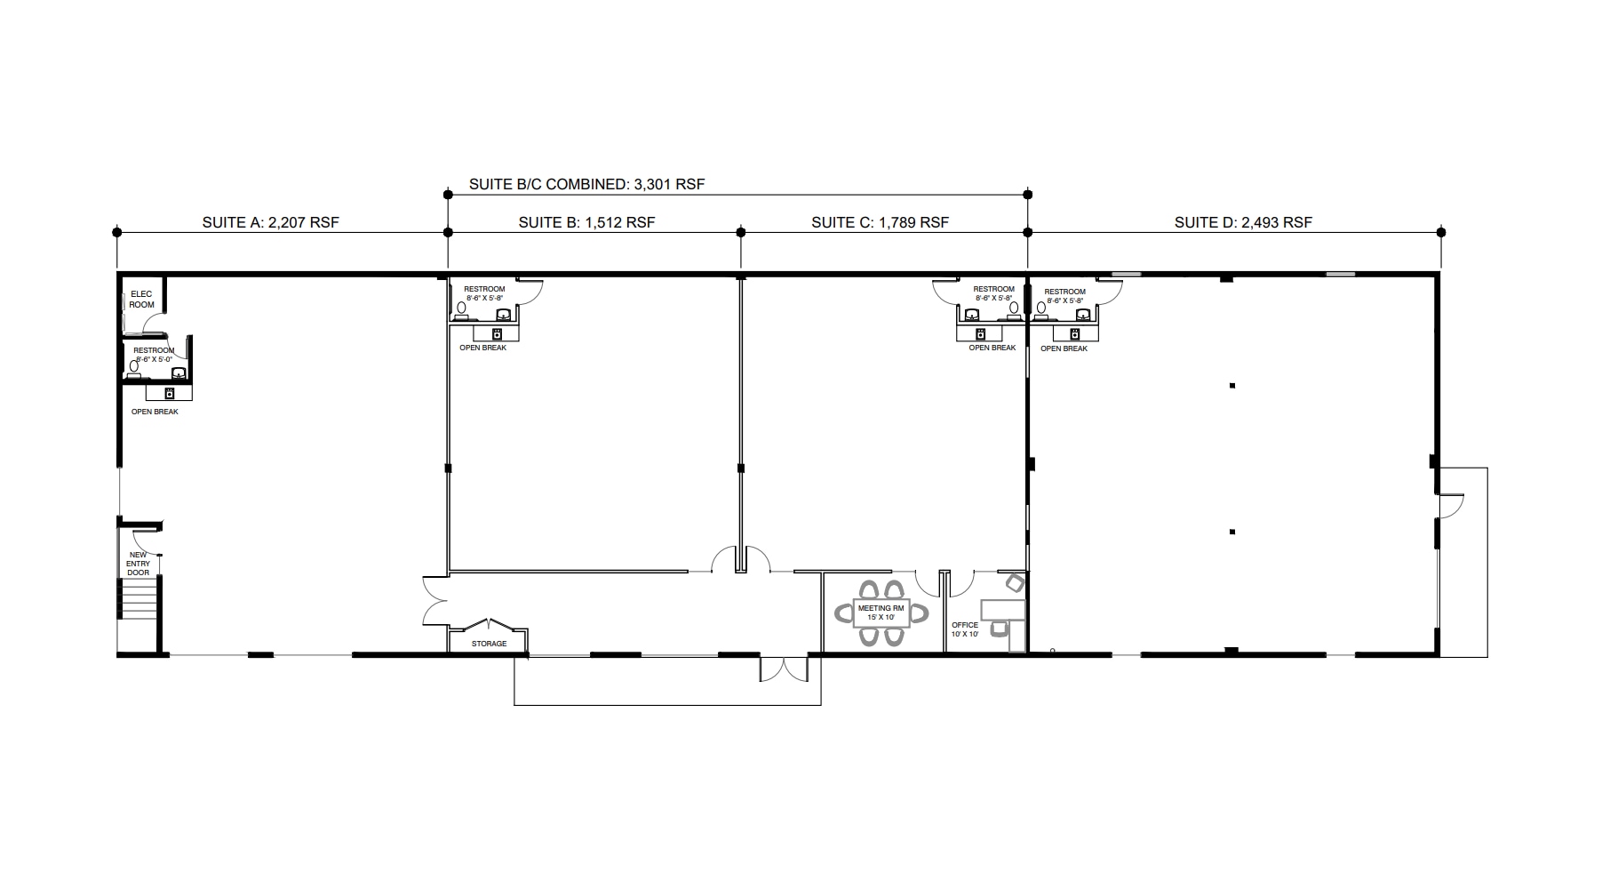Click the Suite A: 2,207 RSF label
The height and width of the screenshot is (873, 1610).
[x=270, y=222]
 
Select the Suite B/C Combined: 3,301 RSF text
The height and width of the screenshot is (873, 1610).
[x=586, y=185]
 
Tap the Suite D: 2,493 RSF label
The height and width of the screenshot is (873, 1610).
[x=1242, y=222]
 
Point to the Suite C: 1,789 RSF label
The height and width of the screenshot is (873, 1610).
[x=880, y=222]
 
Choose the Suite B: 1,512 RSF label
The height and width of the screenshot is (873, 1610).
[x=586, y=222]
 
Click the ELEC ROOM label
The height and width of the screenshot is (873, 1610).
[x=141, y=300]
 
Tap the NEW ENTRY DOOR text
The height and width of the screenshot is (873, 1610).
[x=138, y=564]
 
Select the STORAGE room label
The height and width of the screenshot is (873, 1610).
[x=489, y=644]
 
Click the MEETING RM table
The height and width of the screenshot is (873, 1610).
[x=881, y=613]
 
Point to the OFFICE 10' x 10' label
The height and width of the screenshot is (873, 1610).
[x=965, y=629]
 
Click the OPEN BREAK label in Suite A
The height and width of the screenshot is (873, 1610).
[x=155, y=412]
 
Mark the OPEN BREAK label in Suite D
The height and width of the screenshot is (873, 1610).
[x=1064, y=348]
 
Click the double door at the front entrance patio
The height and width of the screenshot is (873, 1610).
[x=784, y=669]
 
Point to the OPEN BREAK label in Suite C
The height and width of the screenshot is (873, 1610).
[x=992, y=348]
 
